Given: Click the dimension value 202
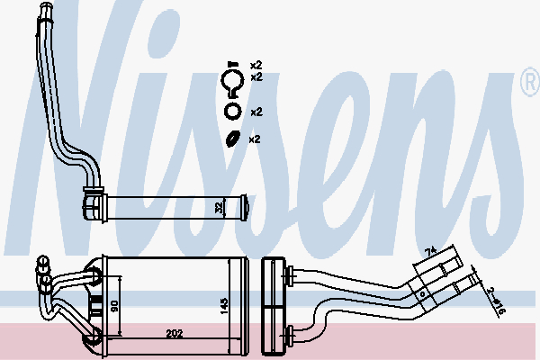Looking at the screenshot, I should [x=175, y=334].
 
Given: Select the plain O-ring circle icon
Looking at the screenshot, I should [x=231, y=112].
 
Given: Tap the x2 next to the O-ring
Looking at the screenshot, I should [x=255, y=112].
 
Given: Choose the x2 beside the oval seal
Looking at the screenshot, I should [x=254, y=139].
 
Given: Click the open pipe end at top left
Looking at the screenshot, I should [x=44, y=11].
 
